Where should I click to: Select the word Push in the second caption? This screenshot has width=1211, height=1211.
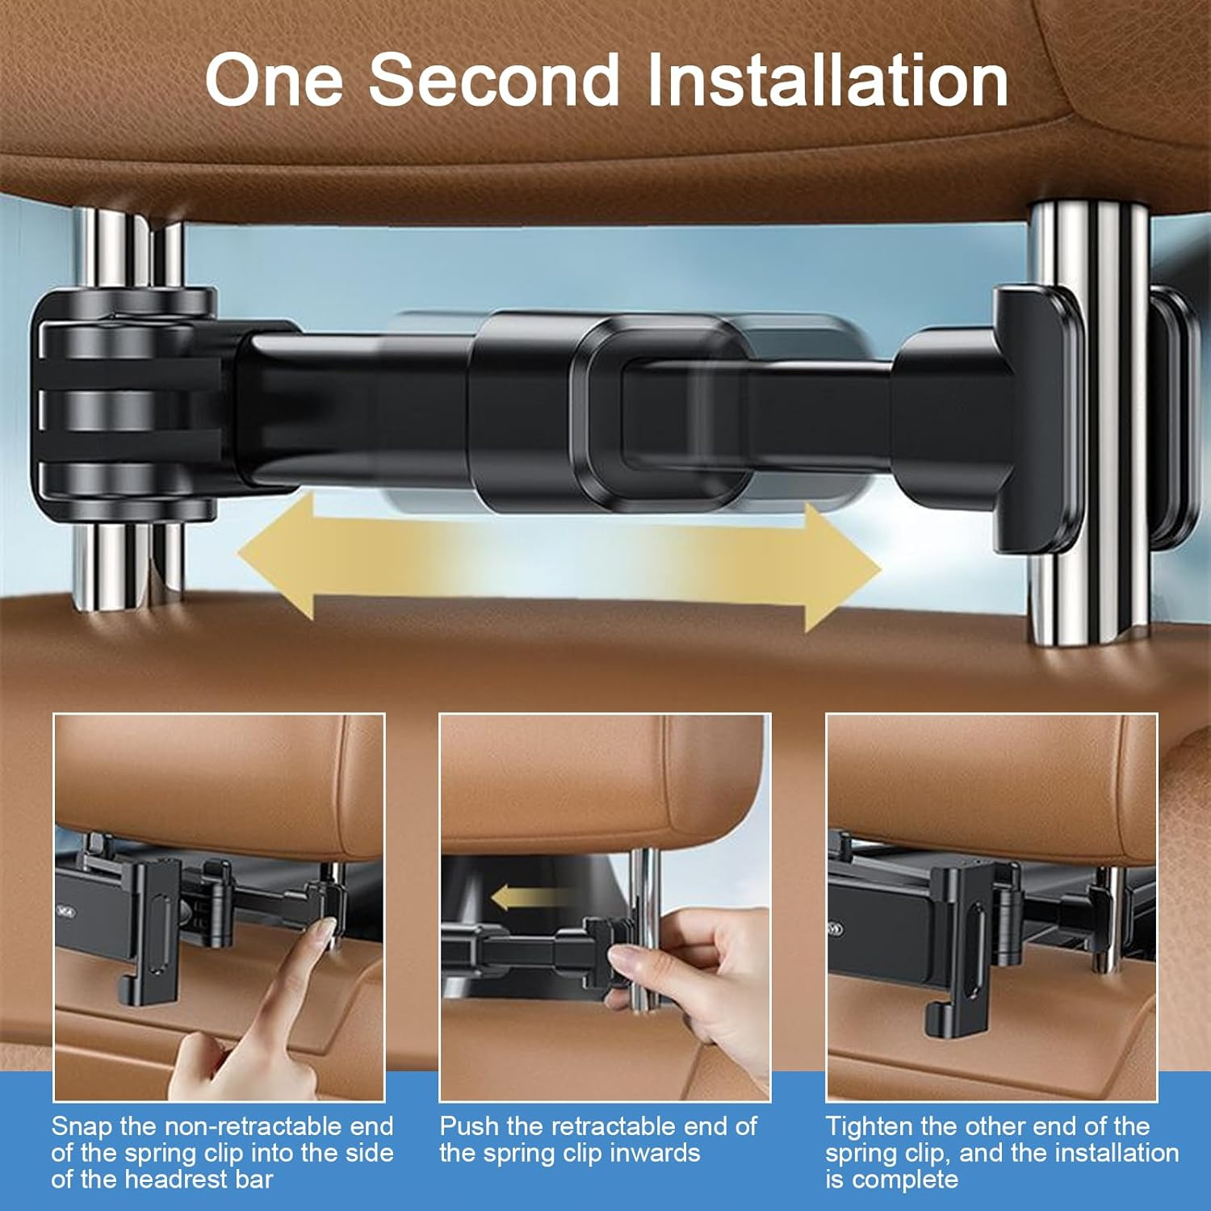pos(470,1126)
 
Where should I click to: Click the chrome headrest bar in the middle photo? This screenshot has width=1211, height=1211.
pos(644,888)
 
